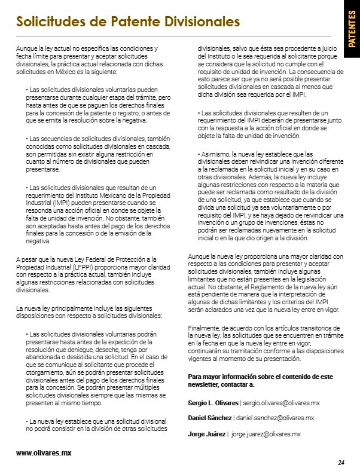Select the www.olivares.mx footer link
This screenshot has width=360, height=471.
point(44,453)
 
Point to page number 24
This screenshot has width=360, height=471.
point(341,462)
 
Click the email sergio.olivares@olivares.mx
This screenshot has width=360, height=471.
point(282,403)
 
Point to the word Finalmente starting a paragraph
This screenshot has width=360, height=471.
point(204,328)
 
